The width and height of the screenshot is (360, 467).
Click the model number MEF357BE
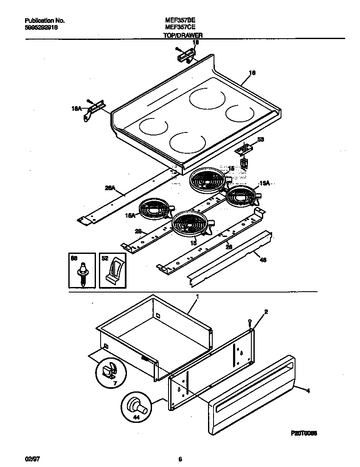[x=180, y=20]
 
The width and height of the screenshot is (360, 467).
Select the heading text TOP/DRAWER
[x=183, y=36]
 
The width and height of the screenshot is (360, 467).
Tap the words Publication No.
[x=45, y=20]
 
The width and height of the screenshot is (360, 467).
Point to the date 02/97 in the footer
[x=31, y=459]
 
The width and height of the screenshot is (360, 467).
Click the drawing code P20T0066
[x=304, y=433]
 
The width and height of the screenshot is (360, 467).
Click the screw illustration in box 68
[x=82, y=273]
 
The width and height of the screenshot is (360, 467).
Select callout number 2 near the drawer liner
[x=266, y=312]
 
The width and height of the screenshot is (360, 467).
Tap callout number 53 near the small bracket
[x=261, y=139]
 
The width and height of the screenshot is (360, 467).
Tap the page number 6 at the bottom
[x=180, y=459]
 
